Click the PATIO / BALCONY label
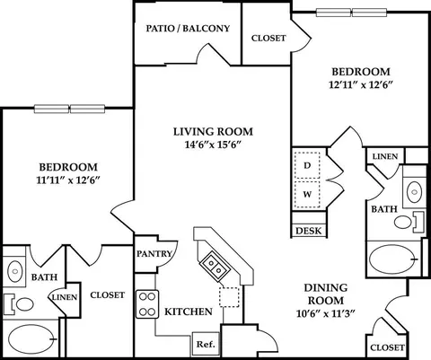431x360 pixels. (188, 29)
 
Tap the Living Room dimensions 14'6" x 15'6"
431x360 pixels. (213, 145)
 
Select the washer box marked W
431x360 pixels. (307, 195)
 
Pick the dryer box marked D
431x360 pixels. (307, 165)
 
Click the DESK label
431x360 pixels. (309, 231)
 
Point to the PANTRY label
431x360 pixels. (154, 254)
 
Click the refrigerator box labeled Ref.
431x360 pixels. (206, 344)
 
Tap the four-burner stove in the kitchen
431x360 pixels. (147, 304)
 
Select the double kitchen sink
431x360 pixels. (215, 267)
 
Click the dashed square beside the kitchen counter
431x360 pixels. (229, 297)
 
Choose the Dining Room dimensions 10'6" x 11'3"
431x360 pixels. (326, 314)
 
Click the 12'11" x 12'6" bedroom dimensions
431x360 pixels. (361, 85)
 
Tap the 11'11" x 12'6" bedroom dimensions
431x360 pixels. (68, 180)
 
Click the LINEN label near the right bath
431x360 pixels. (385, 156)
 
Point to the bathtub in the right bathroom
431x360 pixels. (393, 259)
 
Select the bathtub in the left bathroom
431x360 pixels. (33, 339)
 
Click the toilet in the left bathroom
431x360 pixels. (19, 304)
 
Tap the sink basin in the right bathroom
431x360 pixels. (415, 189)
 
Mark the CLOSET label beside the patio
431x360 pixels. (268, 39)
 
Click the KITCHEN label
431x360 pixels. (189, 312)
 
